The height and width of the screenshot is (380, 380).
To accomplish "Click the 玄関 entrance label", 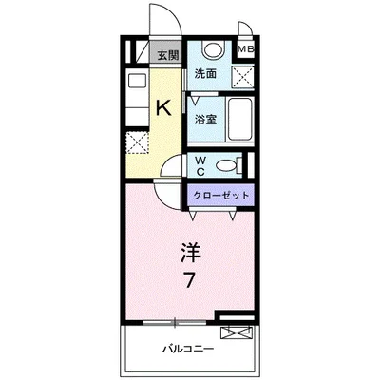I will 168,54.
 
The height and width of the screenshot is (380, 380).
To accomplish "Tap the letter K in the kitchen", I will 162,108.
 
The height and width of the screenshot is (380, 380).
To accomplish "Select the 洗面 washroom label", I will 206,74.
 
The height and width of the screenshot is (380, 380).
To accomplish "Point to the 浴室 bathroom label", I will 206,119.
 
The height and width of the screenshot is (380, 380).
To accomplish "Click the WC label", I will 200,166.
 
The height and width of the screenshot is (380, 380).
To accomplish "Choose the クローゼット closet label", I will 220,195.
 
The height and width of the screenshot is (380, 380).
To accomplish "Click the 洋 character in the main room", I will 189,252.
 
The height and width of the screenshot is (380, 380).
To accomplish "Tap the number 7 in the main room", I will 189,282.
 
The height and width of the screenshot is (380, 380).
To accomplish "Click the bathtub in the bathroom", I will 237,119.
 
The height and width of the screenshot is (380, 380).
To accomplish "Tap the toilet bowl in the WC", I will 228,166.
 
